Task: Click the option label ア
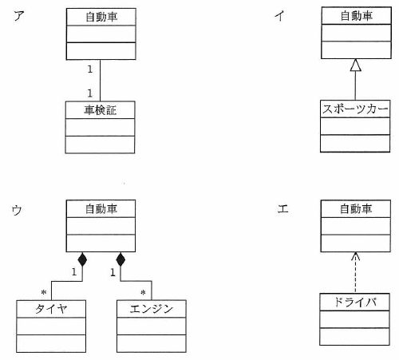click(x=19, y=16)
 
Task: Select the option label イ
click(x=280, y=15)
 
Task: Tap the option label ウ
click(x=17, y=210)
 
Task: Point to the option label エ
click(x=283, y=208)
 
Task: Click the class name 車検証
click(x=101, y=110)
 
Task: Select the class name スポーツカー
click(x=355, y=109)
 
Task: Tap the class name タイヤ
click(x=51, y=309)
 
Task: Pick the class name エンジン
click(x=152, y=309)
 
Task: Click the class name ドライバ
click(x=355, y=302)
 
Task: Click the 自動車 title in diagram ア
click(x=101, y=17)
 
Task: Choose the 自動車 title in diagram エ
click(x=356, y=208)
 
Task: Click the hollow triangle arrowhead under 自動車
click(x=356, y=65)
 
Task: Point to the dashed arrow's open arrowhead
click(x=356, y=256)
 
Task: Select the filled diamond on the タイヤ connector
click(x=82, y=259)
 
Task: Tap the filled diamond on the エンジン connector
click(x=120, y=259)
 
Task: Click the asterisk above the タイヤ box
click(x=44, y=292)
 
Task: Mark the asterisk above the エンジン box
click(x=143, y=293)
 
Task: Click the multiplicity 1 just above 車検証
click(x=90, y=93)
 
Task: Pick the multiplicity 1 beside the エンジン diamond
click(x=113, y=272)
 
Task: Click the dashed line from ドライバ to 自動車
click(x=356, y=273)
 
